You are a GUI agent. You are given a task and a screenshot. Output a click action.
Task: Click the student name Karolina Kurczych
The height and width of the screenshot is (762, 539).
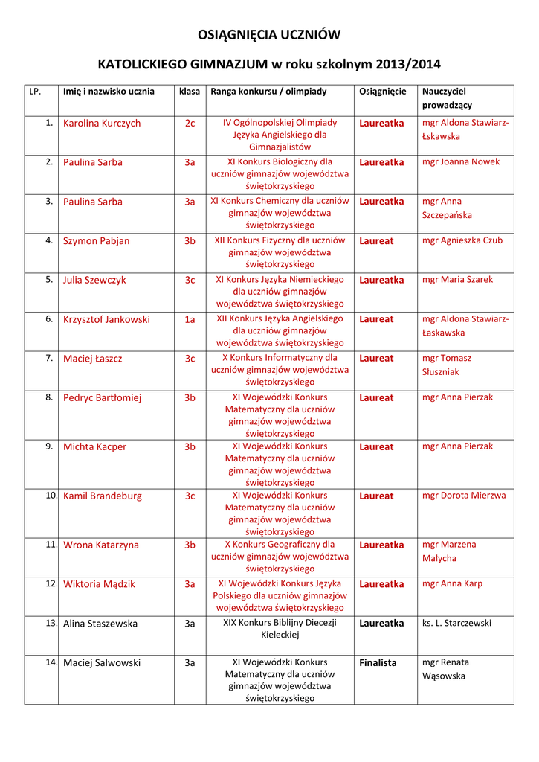click(x=102, y=124)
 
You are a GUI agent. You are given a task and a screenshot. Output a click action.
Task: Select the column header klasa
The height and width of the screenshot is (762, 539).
click(x=190, y=92)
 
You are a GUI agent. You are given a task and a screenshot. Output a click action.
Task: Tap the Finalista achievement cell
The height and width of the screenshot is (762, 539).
click(x=378, y=663)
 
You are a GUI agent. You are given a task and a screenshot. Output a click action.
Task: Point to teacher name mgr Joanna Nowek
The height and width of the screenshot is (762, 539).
click(x=461, y=162)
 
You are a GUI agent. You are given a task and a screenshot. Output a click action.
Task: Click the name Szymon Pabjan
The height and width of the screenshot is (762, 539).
click(x=96, y=241)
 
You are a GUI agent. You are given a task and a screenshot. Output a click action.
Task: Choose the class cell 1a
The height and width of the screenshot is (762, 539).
click(x=190, y=319)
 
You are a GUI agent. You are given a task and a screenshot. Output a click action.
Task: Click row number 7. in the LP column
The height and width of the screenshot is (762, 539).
click(x=49, y=358)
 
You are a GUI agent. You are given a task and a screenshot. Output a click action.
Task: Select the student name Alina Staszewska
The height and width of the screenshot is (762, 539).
click(x=100, y=624)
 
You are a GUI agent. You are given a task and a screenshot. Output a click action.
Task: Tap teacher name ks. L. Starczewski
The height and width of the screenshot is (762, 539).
click(x=456, y=623)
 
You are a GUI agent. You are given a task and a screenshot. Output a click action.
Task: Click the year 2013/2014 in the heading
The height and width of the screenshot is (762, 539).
click(x=408, y=64)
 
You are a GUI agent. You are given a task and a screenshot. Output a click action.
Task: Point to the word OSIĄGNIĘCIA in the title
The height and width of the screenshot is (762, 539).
click(x=236, y=35)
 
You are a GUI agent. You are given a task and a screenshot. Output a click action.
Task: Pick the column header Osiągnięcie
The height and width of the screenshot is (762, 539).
click(x=383, y=92)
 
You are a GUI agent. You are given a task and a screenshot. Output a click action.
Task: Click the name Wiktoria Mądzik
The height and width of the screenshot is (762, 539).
click(x=99, y=584)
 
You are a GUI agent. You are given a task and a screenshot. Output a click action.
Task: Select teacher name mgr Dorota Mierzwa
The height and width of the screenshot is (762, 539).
click(x=464, y=496)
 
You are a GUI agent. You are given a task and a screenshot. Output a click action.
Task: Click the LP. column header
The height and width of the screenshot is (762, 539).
click(x=34, y=92)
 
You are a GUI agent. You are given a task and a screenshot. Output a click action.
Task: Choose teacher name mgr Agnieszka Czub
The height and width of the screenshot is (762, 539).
click(x=462, y=240)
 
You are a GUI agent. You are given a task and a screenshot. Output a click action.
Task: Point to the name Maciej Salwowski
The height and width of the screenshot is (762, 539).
click(x=102, y=663)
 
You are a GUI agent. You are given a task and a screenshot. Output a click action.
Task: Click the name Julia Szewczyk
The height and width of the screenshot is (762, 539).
click(x=94, y=281)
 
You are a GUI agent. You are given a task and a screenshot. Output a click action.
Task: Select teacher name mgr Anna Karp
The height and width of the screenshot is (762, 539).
click(x=452, y=584)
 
